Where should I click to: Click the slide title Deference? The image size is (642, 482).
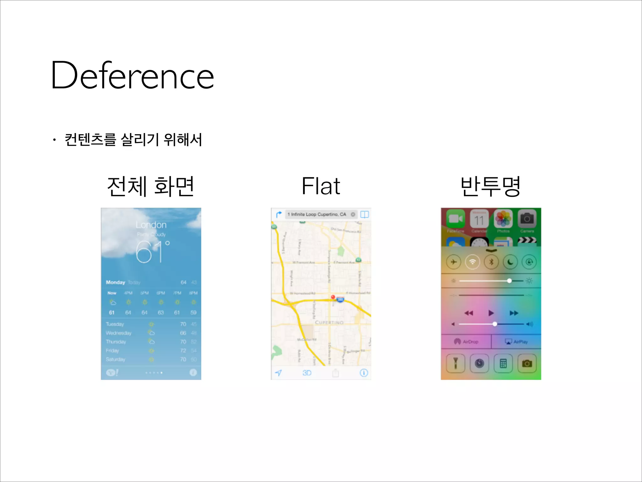(132, 75)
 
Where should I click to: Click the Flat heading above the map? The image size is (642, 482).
(321, 186)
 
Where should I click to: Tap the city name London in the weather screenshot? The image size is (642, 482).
(151, 225)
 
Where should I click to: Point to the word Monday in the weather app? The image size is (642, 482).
(115, 282)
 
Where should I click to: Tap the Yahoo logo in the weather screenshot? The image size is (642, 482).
(112, 372)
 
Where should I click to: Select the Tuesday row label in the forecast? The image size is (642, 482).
(115, 324)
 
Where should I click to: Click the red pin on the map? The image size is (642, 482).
(333, 297)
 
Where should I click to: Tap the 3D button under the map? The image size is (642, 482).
(307, 373)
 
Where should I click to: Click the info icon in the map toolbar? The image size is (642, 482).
(364, 373)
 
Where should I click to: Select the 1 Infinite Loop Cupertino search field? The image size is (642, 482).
(317, 214)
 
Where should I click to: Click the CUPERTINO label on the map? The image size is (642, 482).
(329, 323)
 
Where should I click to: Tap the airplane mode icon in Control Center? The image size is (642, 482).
(454, 262)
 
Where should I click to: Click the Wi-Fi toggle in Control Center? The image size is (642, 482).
(472, 262)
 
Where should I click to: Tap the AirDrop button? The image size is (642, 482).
(466, 342)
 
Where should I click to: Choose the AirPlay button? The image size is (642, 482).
(516, 342)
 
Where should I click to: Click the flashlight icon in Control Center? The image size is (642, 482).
(455, 363)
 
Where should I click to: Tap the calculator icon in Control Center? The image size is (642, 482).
(503, 363)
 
